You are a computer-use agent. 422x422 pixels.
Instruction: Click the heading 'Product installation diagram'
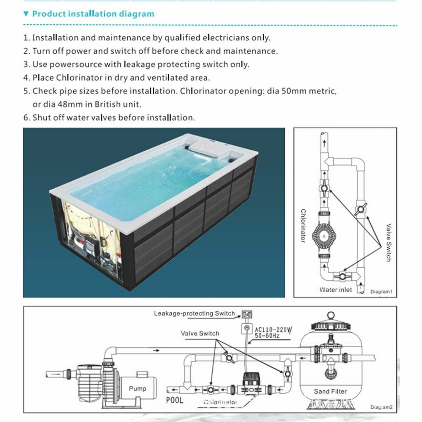pos(93,14)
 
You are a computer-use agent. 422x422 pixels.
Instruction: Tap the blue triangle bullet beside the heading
pos(26,14)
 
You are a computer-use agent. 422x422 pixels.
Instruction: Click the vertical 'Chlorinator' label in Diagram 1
pos(303,226)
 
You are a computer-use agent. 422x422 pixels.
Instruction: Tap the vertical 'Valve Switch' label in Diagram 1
pos(389,242)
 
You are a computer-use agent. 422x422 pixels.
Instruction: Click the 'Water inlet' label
pos(336,290)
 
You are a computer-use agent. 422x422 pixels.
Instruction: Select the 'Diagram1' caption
pos(381,292)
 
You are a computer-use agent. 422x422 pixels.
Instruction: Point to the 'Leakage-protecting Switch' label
pos(194,313)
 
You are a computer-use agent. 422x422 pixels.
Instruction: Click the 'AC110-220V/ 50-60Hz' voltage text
pos(273,333)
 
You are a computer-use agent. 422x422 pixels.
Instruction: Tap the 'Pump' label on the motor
pos(137,388)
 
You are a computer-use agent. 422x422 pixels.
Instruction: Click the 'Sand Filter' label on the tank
pos(330,391)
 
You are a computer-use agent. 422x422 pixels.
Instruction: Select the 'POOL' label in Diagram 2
pos(174,400)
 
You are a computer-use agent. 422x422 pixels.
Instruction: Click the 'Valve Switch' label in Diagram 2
pos(200,333)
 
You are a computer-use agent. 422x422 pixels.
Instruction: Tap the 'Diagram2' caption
pos(381,407)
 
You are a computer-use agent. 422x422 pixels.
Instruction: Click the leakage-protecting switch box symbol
pos(247,314)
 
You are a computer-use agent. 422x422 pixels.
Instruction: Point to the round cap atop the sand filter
pos(331,315)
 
